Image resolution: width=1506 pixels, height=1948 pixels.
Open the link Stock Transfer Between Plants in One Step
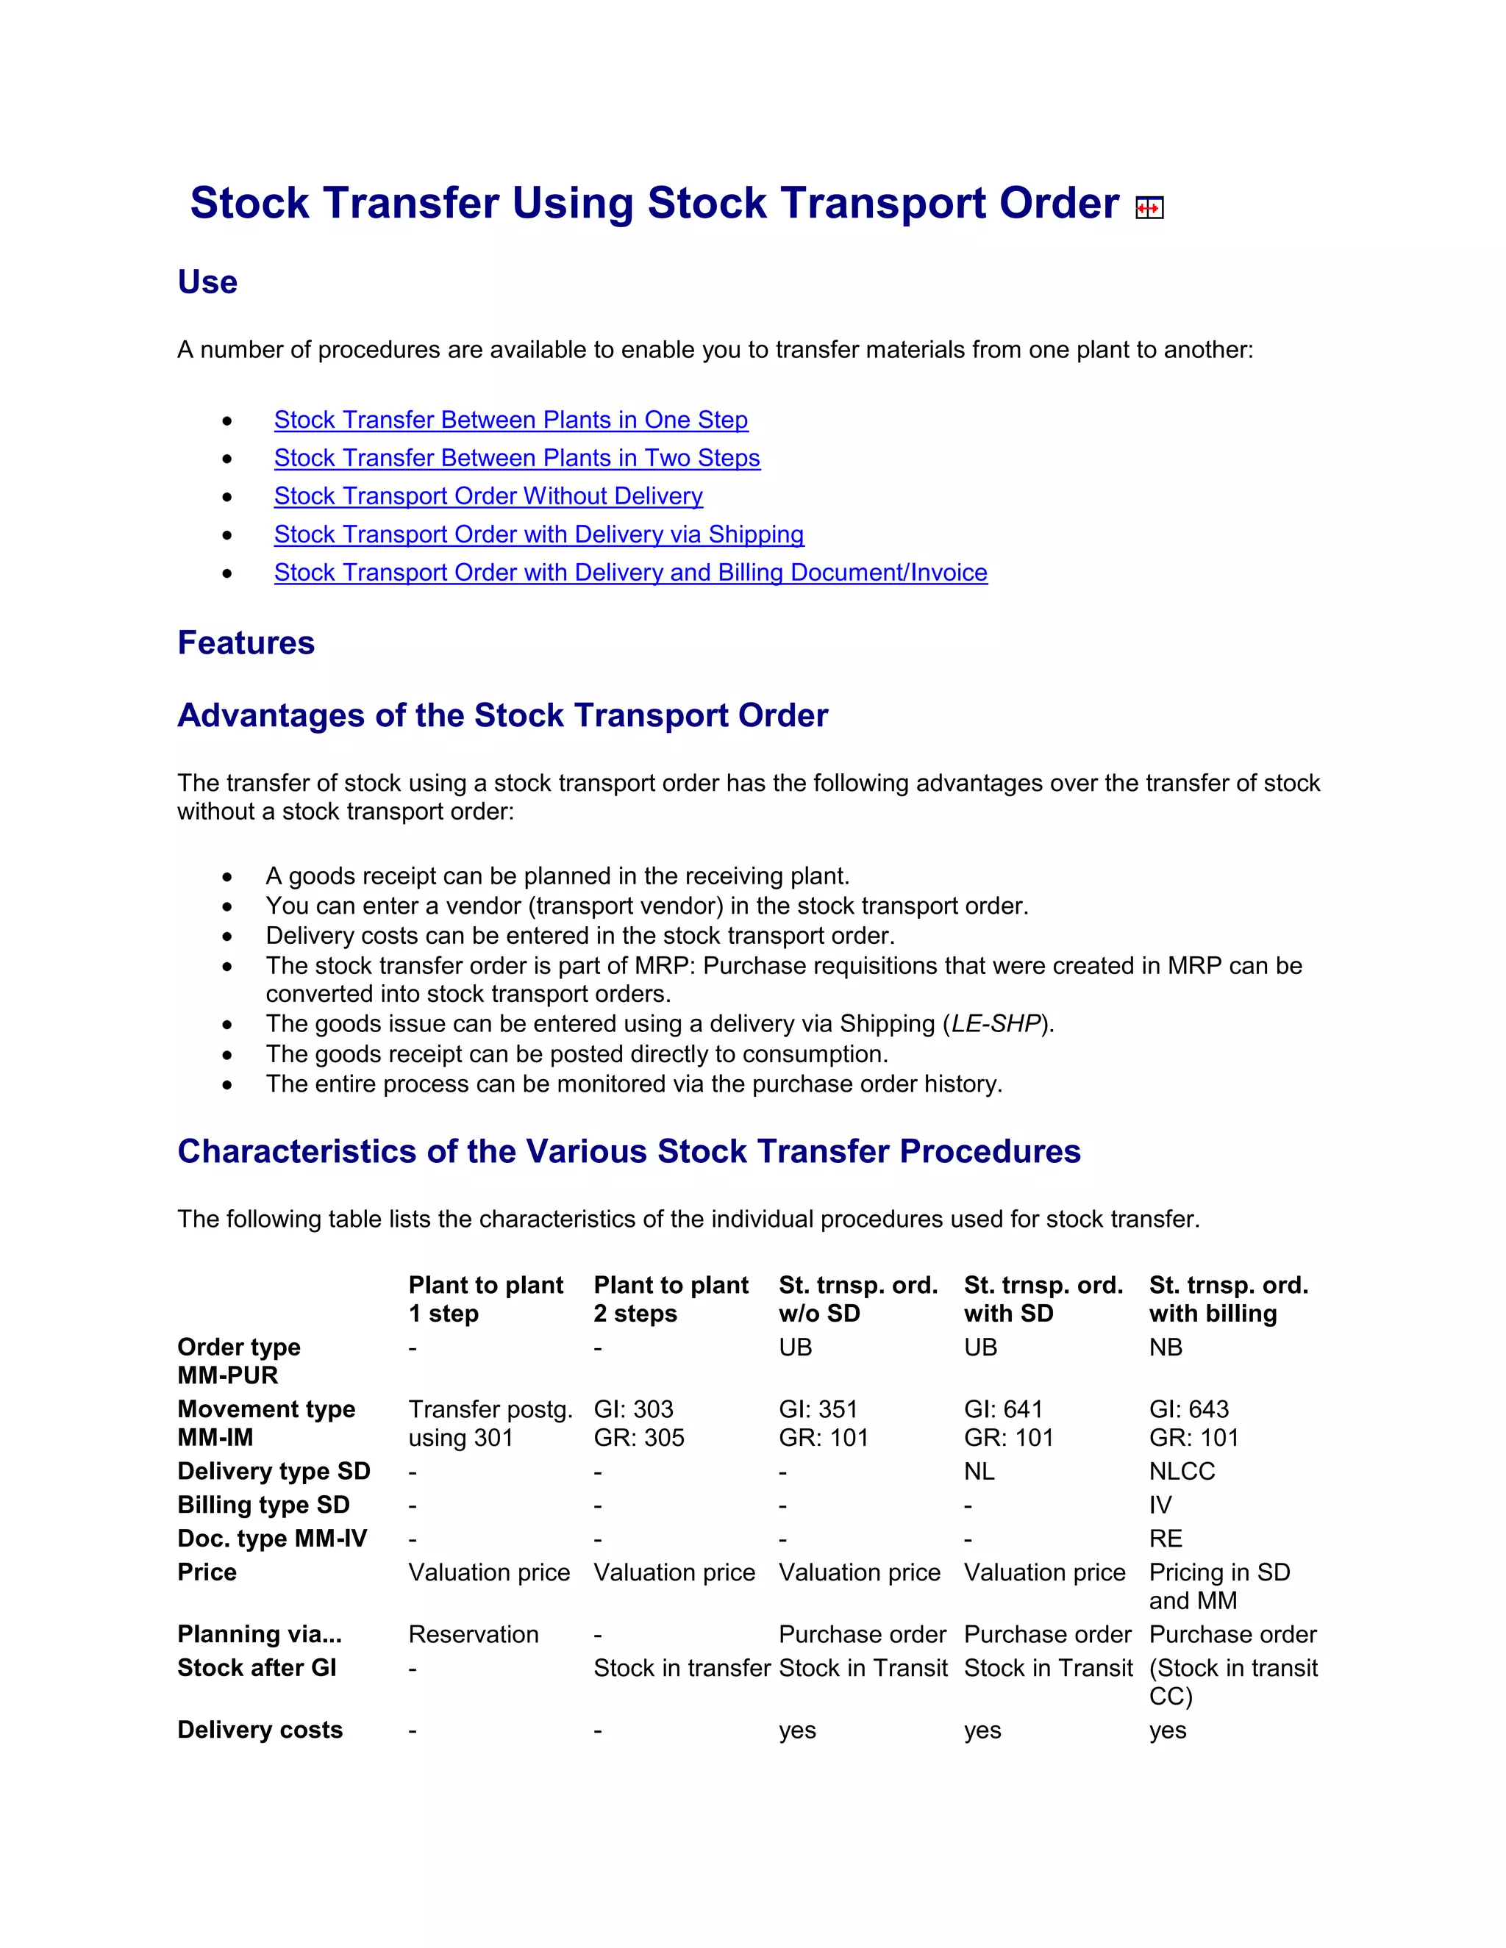point(510,420)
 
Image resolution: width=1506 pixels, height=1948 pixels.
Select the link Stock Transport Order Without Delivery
point(488,496)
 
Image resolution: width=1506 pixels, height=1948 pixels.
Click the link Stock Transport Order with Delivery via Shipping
point(538,534)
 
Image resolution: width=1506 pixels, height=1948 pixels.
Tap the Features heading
point(246,643)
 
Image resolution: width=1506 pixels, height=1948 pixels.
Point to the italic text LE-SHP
point(996,1024)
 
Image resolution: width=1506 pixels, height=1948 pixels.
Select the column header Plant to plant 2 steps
point(670,1299)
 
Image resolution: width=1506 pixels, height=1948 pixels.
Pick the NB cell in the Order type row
point(1166,1347)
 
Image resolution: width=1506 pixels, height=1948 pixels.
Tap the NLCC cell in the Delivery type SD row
point(1181,1471)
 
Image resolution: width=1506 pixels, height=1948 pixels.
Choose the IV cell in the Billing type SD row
point(1160,1505)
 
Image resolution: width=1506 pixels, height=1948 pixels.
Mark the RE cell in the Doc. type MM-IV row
point(1166,1539)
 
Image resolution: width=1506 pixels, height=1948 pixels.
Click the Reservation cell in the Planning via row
point(473,1634)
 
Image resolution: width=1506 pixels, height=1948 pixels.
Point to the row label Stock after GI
point(256,1668)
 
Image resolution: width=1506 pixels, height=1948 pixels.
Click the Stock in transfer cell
point(681,1668)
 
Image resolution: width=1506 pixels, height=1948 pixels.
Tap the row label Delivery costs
point(260,1730)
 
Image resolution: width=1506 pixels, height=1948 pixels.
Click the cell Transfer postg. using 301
point(489,1424)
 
